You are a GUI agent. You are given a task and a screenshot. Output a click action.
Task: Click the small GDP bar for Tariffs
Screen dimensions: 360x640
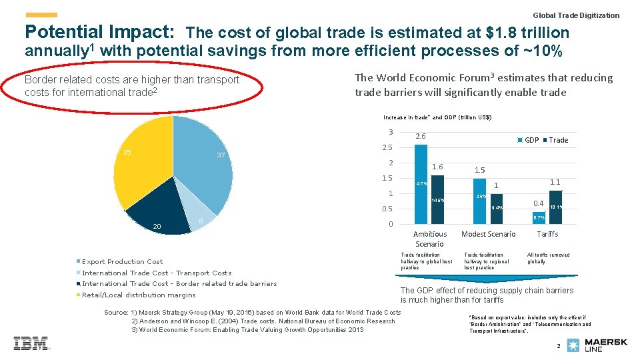point(538,217)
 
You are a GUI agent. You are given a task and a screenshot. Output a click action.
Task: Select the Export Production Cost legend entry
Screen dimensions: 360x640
point(122,262)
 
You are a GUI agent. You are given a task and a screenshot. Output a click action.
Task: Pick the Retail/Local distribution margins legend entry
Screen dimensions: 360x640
point(139,295)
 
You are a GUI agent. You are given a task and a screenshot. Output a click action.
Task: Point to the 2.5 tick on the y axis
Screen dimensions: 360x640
point(387,147)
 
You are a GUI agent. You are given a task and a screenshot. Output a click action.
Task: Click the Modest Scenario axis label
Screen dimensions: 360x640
point(488,234)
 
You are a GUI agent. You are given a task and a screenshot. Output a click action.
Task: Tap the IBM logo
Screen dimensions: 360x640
point(31,343)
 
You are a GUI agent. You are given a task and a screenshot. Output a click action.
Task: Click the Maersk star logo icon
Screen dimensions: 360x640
point(573,345)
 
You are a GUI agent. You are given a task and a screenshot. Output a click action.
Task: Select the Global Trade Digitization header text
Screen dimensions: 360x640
point(576,15)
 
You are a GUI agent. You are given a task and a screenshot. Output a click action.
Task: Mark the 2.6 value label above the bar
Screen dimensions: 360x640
point(420,137)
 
